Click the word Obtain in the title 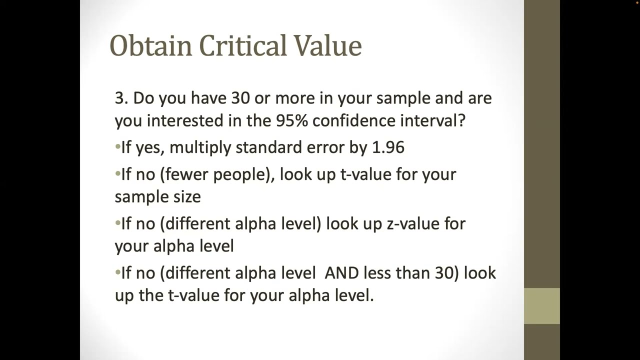tap(150, 45)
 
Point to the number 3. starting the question tap(121, 98)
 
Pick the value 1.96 tap(388, 147)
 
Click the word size tap(188, 196)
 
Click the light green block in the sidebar tap(541, 306)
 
